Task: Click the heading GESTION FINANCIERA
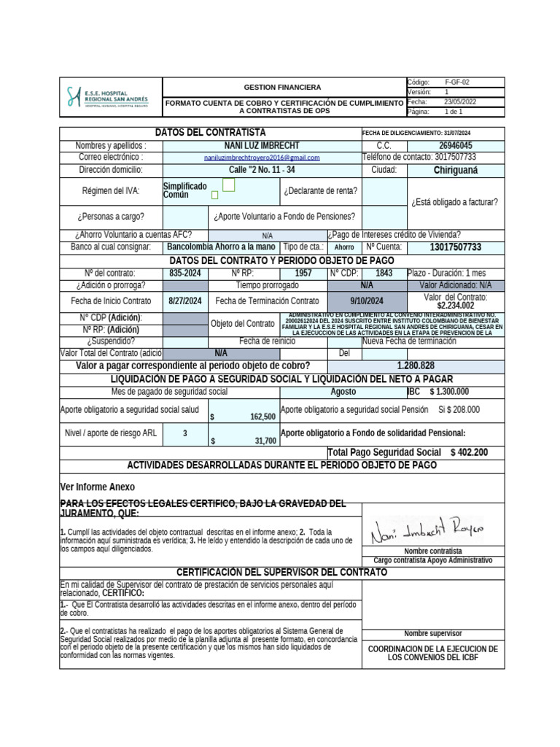(x=281, y=87)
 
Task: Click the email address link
(x=262, y=158)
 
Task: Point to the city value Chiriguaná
(x=456, y=170)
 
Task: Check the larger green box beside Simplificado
(x=228, y=186)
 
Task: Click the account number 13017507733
(x=456, y=248)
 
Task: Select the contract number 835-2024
(x=185, y=273)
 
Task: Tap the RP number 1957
(x=303, y=273)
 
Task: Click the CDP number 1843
(x=384, y=273)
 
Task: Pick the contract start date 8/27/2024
(x=185, y=301)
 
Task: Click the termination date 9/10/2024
(x=367, y=301)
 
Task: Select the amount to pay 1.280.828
(x=416, y=365)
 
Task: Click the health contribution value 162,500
(x=262, y=417)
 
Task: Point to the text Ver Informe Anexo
(x=97, y=487)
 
